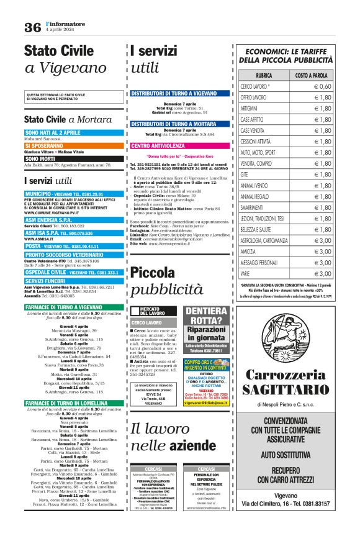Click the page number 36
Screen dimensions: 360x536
pyautogui.click(x=32, y=27)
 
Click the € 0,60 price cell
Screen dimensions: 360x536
pyautogui.click(x=322, y=86)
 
